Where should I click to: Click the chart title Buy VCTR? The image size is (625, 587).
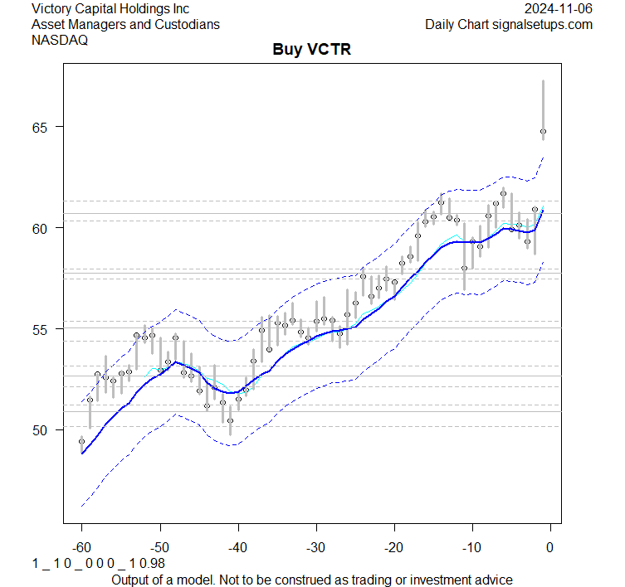click(x=312, y=50)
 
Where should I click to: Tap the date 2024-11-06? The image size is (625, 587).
click(x=559, y=8)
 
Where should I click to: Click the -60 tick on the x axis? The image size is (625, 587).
click(x=81, y=547)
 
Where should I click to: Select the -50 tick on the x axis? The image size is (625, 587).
click(x=159, y=547)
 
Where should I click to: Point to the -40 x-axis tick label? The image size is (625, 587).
click(x=237, y=547)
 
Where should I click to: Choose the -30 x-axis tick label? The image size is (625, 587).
click(x=315, y=547)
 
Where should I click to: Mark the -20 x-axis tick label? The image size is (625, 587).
click(x=393, y=547)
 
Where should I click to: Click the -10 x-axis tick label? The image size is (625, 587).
click(x=471, y=547)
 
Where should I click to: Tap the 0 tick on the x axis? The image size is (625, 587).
click(x=549, y=547)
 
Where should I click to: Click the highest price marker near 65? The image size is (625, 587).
click(x=543, y=131)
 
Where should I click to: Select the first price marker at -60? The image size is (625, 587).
click(x=81, y=441)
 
